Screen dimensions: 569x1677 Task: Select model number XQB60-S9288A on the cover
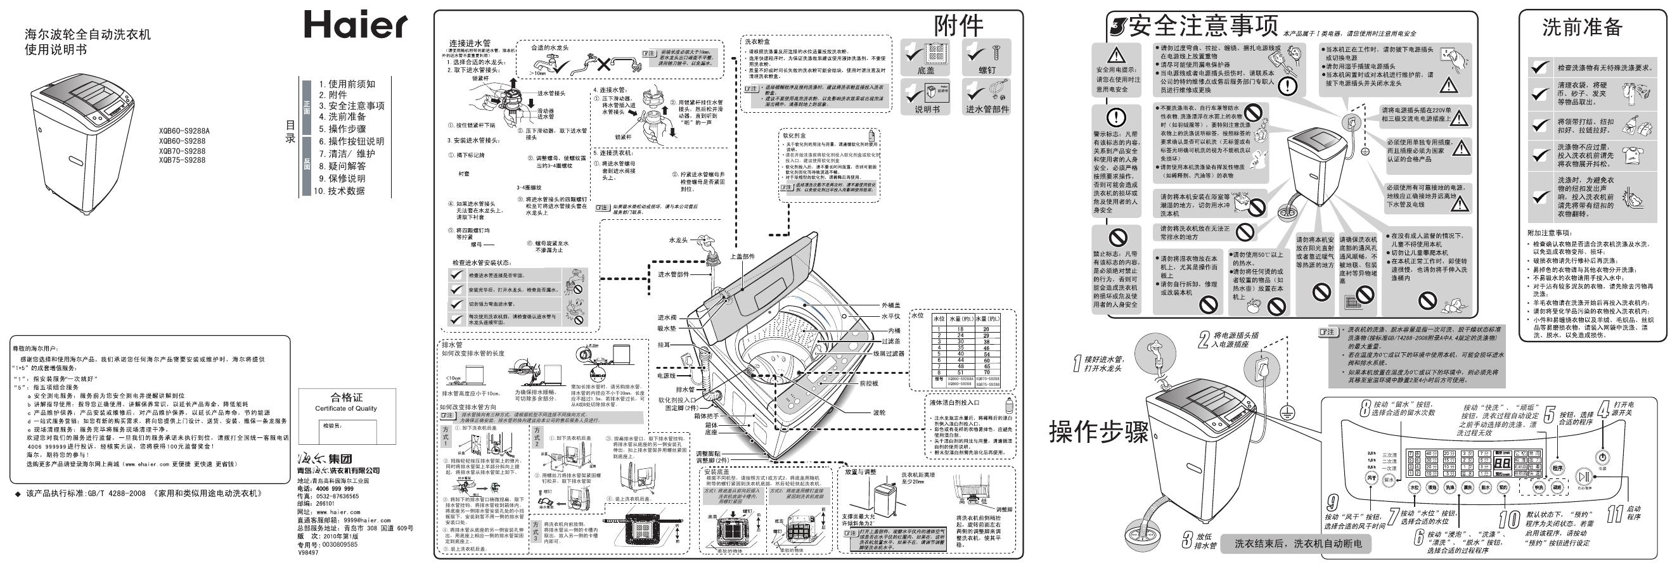click(x=184, y=130)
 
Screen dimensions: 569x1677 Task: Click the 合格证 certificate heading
click(x=346, y=397)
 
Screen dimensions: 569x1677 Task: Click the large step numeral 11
click(x=1614, y=515)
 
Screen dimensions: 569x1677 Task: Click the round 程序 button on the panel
click(x=1557, y=468)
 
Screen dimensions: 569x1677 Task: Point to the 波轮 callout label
click(x=879, y=412)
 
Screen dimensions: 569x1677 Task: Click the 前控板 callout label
click(x=868, y=383)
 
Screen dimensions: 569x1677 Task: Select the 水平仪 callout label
click(x=890, y=316)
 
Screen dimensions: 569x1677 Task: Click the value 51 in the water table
click(x=960, y=373)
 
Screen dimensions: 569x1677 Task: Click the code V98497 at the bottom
click(x=308, y=552)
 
